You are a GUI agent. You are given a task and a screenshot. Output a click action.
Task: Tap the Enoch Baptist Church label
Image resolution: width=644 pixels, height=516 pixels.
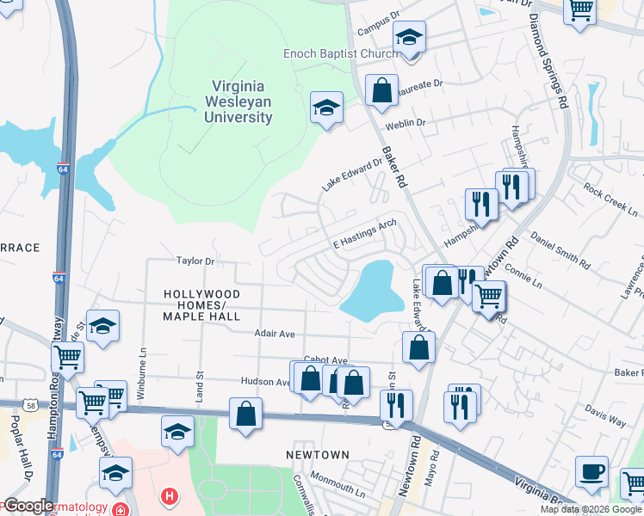[341, 53]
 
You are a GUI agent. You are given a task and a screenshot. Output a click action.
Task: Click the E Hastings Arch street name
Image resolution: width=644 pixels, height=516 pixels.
[364, 233]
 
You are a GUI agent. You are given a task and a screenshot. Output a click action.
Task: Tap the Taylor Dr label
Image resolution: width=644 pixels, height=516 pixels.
[194, 260]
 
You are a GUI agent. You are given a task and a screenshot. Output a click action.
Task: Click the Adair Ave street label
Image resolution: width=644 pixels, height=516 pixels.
[275, 333]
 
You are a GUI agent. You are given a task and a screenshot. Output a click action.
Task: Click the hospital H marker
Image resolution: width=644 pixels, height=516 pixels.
[170, 496]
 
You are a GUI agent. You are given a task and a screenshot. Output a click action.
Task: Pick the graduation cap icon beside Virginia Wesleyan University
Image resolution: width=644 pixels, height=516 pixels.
[326, 107]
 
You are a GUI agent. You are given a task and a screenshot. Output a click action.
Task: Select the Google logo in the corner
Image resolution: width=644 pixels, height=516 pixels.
[28, 506]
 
